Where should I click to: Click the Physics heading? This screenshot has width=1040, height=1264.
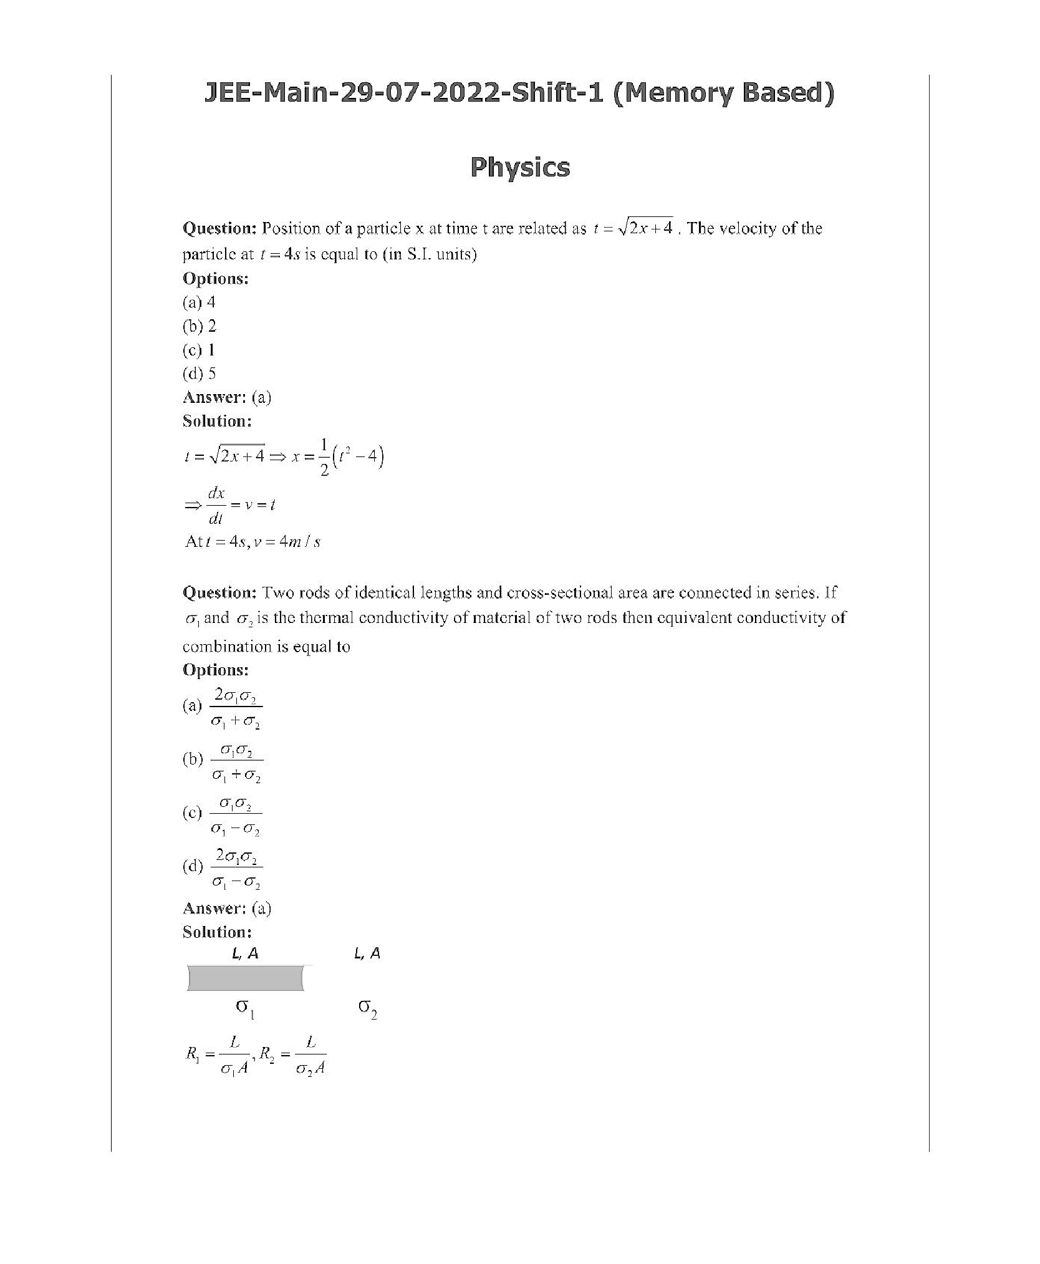(519, 167)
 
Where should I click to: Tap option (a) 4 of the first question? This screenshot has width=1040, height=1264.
(199, 302)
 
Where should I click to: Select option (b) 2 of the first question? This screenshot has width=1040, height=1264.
(200, 326)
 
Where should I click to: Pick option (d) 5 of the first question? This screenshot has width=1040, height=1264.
(200, 374)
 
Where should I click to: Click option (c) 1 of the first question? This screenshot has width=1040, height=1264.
(199, 350)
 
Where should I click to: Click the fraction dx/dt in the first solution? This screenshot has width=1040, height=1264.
(216, 505)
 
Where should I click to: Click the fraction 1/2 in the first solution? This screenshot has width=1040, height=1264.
(324, 458)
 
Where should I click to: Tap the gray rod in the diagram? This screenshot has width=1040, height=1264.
(245, 978)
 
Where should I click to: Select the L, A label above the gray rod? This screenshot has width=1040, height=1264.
(245, 952)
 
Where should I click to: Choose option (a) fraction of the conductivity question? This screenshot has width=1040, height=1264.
(236, 707)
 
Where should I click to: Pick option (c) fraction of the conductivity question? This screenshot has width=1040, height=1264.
(236, 814)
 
